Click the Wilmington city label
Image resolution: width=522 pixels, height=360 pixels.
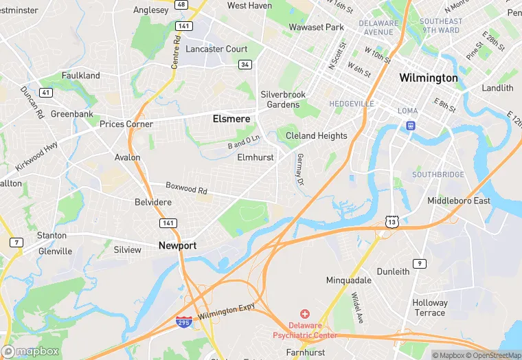[x=429, y=78]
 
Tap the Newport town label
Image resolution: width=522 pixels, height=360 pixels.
[x=177, y=245]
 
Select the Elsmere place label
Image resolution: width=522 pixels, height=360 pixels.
[x=231, y=118]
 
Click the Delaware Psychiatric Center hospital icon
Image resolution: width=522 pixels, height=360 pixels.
[x=305, y=314]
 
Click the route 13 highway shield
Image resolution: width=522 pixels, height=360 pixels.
[x=391, y=221]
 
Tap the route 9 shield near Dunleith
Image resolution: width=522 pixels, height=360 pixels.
[x=419, y=264]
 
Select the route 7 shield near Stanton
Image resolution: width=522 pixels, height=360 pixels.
[x=15, y=242]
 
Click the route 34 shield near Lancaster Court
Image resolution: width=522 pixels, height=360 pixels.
[x=245, y=65]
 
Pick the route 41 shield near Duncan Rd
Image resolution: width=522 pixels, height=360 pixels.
[x=46, y=92]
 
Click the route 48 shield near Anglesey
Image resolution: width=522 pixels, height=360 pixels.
[x=181, y=4]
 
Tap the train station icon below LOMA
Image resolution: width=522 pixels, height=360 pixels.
[x=410, y=126]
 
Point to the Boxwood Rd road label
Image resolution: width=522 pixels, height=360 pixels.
[x=186, y=188]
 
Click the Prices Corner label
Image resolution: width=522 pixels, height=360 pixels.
[x=126, y=124]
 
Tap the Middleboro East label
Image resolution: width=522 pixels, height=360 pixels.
[x=459, y=201]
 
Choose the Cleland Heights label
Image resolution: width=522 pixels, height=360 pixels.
[x=317, y=136]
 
